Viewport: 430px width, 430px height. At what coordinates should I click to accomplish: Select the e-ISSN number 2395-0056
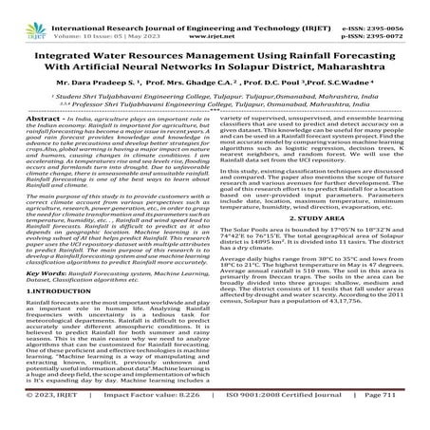click(x=398, y=7)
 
